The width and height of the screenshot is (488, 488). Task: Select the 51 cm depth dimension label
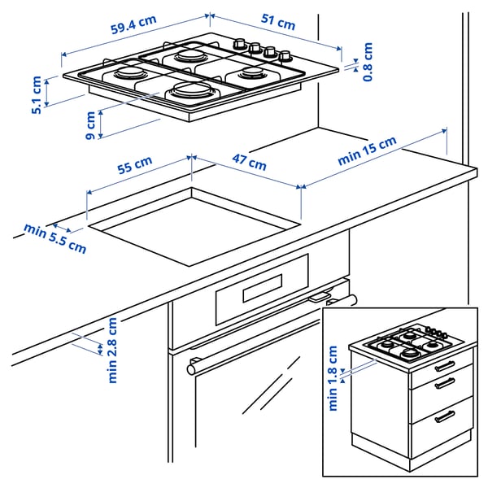click(x=279, y=24)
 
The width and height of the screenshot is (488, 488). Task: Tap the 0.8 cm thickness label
click(x=368, y=62)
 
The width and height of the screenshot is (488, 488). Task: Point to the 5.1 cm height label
click(x=36, y=95)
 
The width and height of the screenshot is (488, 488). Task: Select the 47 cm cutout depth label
click(x=250, y=163)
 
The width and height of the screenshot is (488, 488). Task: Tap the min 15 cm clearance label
click(x=367, y=151)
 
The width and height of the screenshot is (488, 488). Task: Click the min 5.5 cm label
click(x=54, y=237)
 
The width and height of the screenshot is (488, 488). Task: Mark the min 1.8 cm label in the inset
click(x=333, y=378)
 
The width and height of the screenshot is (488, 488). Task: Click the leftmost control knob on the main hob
click(x=240, y=43)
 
